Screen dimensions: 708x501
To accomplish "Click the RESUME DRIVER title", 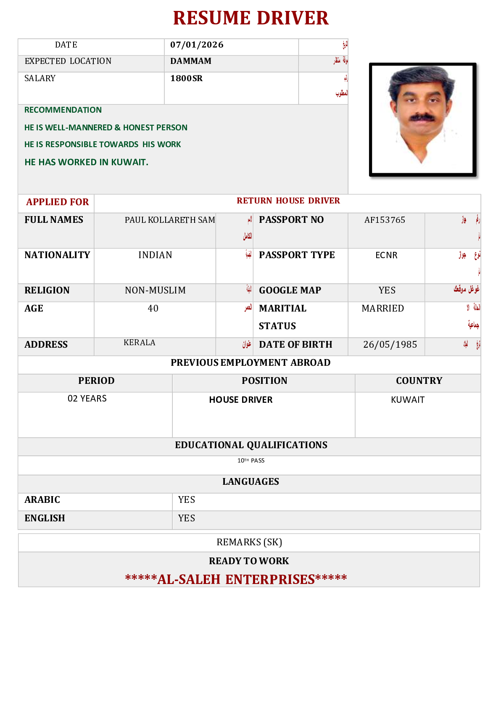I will point(250,18).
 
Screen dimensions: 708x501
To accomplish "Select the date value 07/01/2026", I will point(197,45).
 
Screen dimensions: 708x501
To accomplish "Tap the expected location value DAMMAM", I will point(191,61).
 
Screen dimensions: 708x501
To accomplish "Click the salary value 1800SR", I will point(186,79).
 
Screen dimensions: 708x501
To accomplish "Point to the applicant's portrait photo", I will point(422,119).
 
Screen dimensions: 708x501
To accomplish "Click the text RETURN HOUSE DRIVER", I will point(288,201).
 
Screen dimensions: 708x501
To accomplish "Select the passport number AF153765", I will point(385,220).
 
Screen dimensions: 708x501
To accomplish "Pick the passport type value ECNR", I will point(386,255).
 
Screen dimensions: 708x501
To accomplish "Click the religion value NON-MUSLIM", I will point(155,291).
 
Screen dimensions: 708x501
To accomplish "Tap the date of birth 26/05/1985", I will point(390,345).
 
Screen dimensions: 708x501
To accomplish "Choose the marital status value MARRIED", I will point(382,309).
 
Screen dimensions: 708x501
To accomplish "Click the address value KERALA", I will point(140,343).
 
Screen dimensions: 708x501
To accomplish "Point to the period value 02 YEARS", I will point(87,399).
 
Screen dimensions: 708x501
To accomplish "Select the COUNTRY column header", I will point(419,381).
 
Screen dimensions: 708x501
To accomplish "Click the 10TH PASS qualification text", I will point(251,461).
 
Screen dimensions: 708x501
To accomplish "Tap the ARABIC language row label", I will point(42,500).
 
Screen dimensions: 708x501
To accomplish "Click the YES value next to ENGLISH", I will point(186,518).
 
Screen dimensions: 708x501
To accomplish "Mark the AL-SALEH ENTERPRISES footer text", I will point(236,579).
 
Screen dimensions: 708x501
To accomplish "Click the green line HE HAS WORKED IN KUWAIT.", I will point(86,162).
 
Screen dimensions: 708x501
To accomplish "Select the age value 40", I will point(153,309).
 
